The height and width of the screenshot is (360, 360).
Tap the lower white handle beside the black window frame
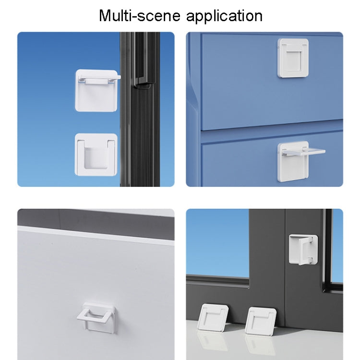click(96, 154)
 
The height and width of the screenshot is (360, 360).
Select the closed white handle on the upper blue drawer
click(293, 58)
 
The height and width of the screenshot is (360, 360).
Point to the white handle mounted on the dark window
click(303, 249)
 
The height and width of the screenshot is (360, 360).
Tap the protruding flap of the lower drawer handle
click(307, 152)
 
